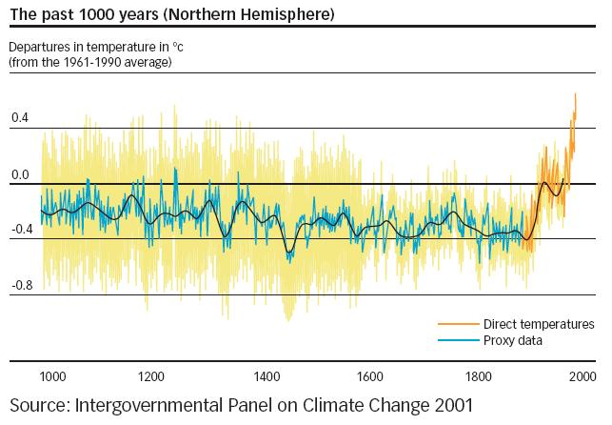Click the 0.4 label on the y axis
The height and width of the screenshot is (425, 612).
pyautogui.click(x=20, y=118)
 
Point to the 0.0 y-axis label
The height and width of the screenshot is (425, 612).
pyautogui.click(x=20, y=174)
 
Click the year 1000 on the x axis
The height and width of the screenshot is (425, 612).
pyautogui.click(x=52, y=375)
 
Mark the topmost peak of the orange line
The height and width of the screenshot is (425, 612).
pyautogui.click(x=575, y=94)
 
